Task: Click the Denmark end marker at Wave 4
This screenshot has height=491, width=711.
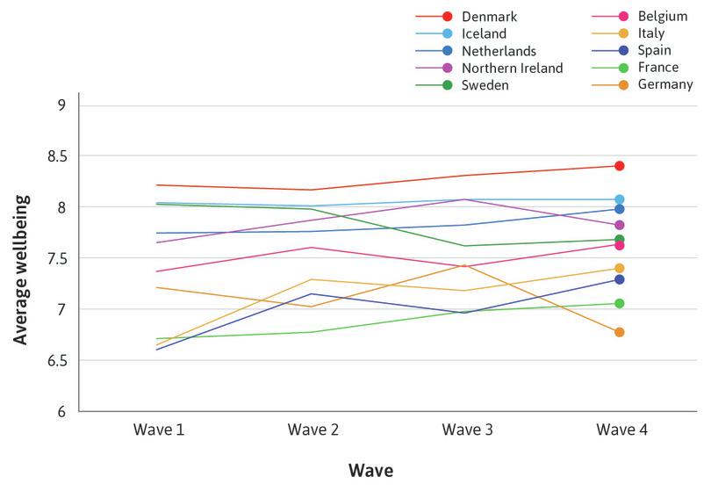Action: pos(619,166)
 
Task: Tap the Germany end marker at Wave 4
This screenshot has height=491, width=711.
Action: pos(619,332)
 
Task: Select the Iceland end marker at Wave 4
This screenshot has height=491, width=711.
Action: pos(619,199)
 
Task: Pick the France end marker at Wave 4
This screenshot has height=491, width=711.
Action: pos(619,304)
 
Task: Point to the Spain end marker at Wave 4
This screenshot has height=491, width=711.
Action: pos(619,279)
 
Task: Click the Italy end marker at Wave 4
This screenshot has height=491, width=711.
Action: pos(619,269)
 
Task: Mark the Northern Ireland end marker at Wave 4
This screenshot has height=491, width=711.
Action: pos(619,225)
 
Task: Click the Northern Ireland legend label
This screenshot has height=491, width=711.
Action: pos(513,68)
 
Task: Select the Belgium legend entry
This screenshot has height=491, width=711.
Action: pos(663,17)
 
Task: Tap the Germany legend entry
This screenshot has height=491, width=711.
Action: pos(666,85)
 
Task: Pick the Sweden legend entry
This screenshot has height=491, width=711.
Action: pos(484,85)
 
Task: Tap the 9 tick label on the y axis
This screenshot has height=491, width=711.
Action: pos(61,105)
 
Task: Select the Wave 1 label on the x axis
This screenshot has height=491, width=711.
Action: pos(158,430)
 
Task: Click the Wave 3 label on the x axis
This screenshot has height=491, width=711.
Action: pos(466,430)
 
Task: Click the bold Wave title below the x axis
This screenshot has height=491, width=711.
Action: pos(370,471)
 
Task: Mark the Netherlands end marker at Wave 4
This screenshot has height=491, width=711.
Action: pos(619,209)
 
